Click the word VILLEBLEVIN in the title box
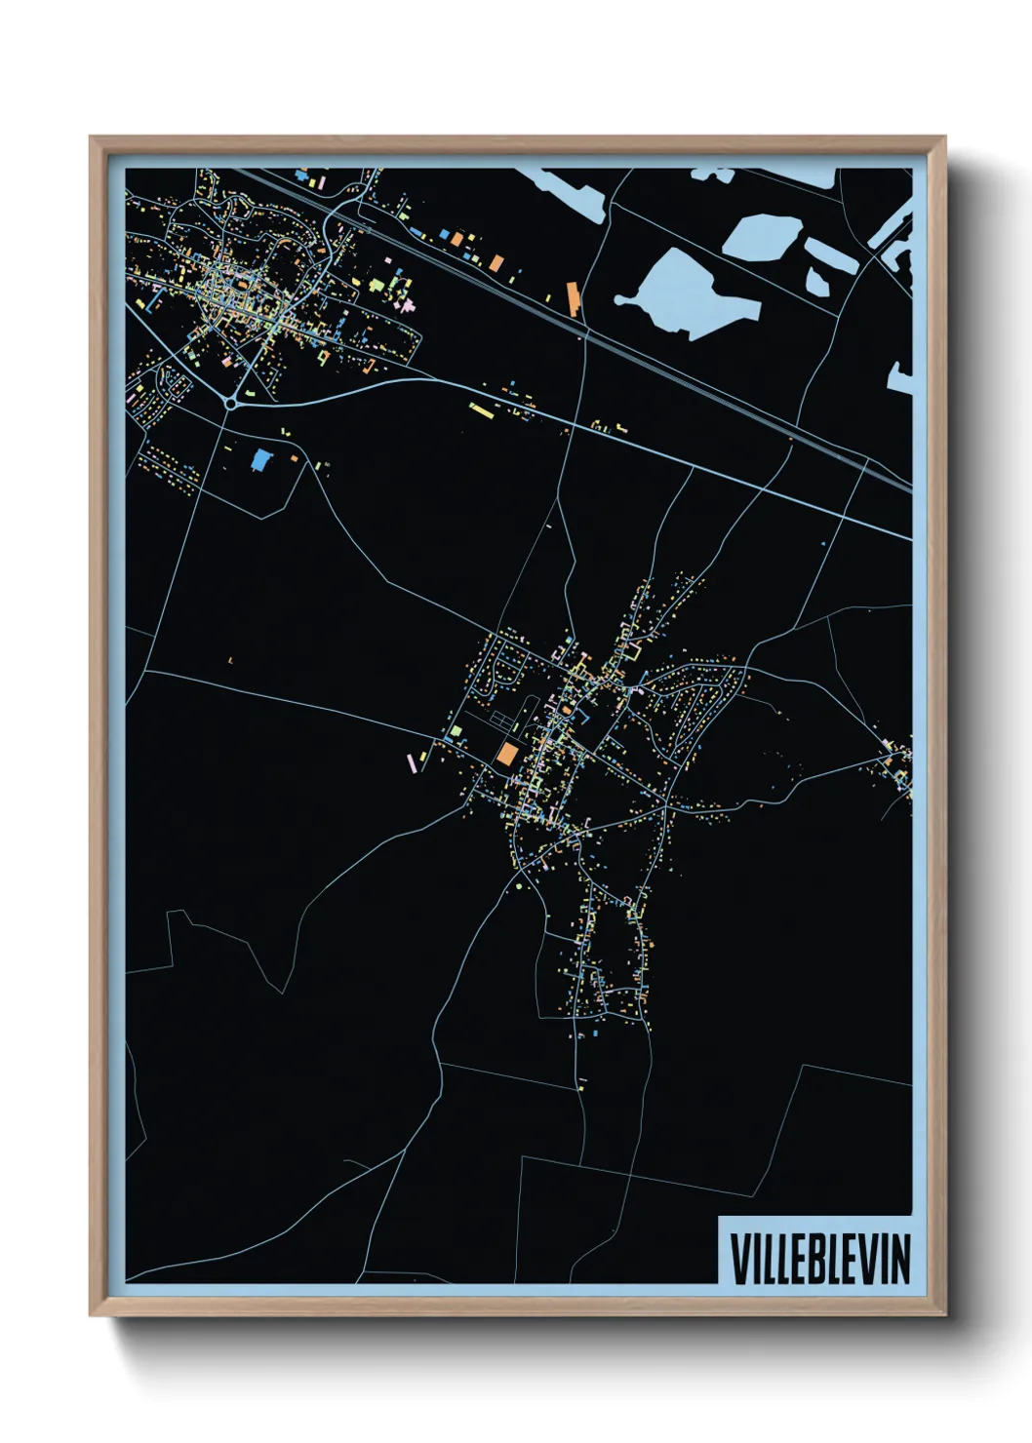click(x=819, y=1259)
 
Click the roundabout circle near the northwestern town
click(x=230, y=402)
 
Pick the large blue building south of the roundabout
click(x=259, y=460)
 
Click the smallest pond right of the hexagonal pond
click(x=817, y=283)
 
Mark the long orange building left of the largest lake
click(x=573, y=299)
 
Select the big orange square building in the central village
click(x=507, y=753)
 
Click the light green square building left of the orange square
click(x=456, y=730)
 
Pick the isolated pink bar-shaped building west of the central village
click(x=411, y=762)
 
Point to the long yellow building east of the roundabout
click(x=482, y=409)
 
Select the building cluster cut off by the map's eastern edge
click(x=900, y=765)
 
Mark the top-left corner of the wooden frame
click(x=92, y=138)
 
